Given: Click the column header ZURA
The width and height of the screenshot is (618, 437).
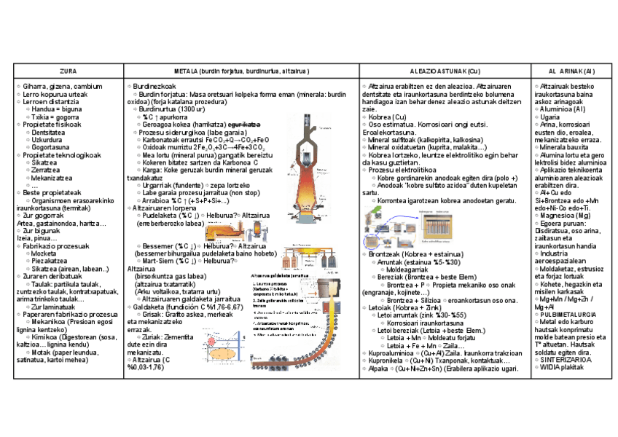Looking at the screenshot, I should pyautogui.click(x=68, y=71).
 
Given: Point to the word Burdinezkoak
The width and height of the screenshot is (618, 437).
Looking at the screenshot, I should pyautogui.click(x=154, y=86).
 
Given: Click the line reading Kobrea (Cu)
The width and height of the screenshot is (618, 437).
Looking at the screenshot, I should pyautogui.click(x=388, y=117).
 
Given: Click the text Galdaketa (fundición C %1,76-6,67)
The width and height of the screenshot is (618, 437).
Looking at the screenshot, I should pyautogui.click(x=186, y=307).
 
